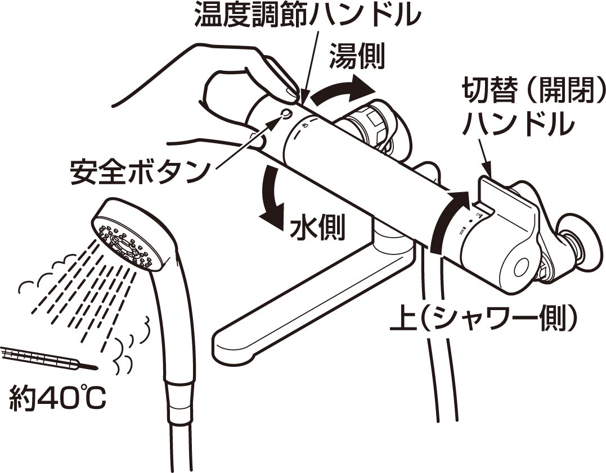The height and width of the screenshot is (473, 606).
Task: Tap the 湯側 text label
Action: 357,56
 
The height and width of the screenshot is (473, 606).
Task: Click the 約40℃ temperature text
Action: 57,397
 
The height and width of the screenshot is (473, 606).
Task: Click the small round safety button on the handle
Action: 287,113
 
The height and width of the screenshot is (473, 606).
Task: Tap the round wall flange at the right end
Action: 580,241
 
